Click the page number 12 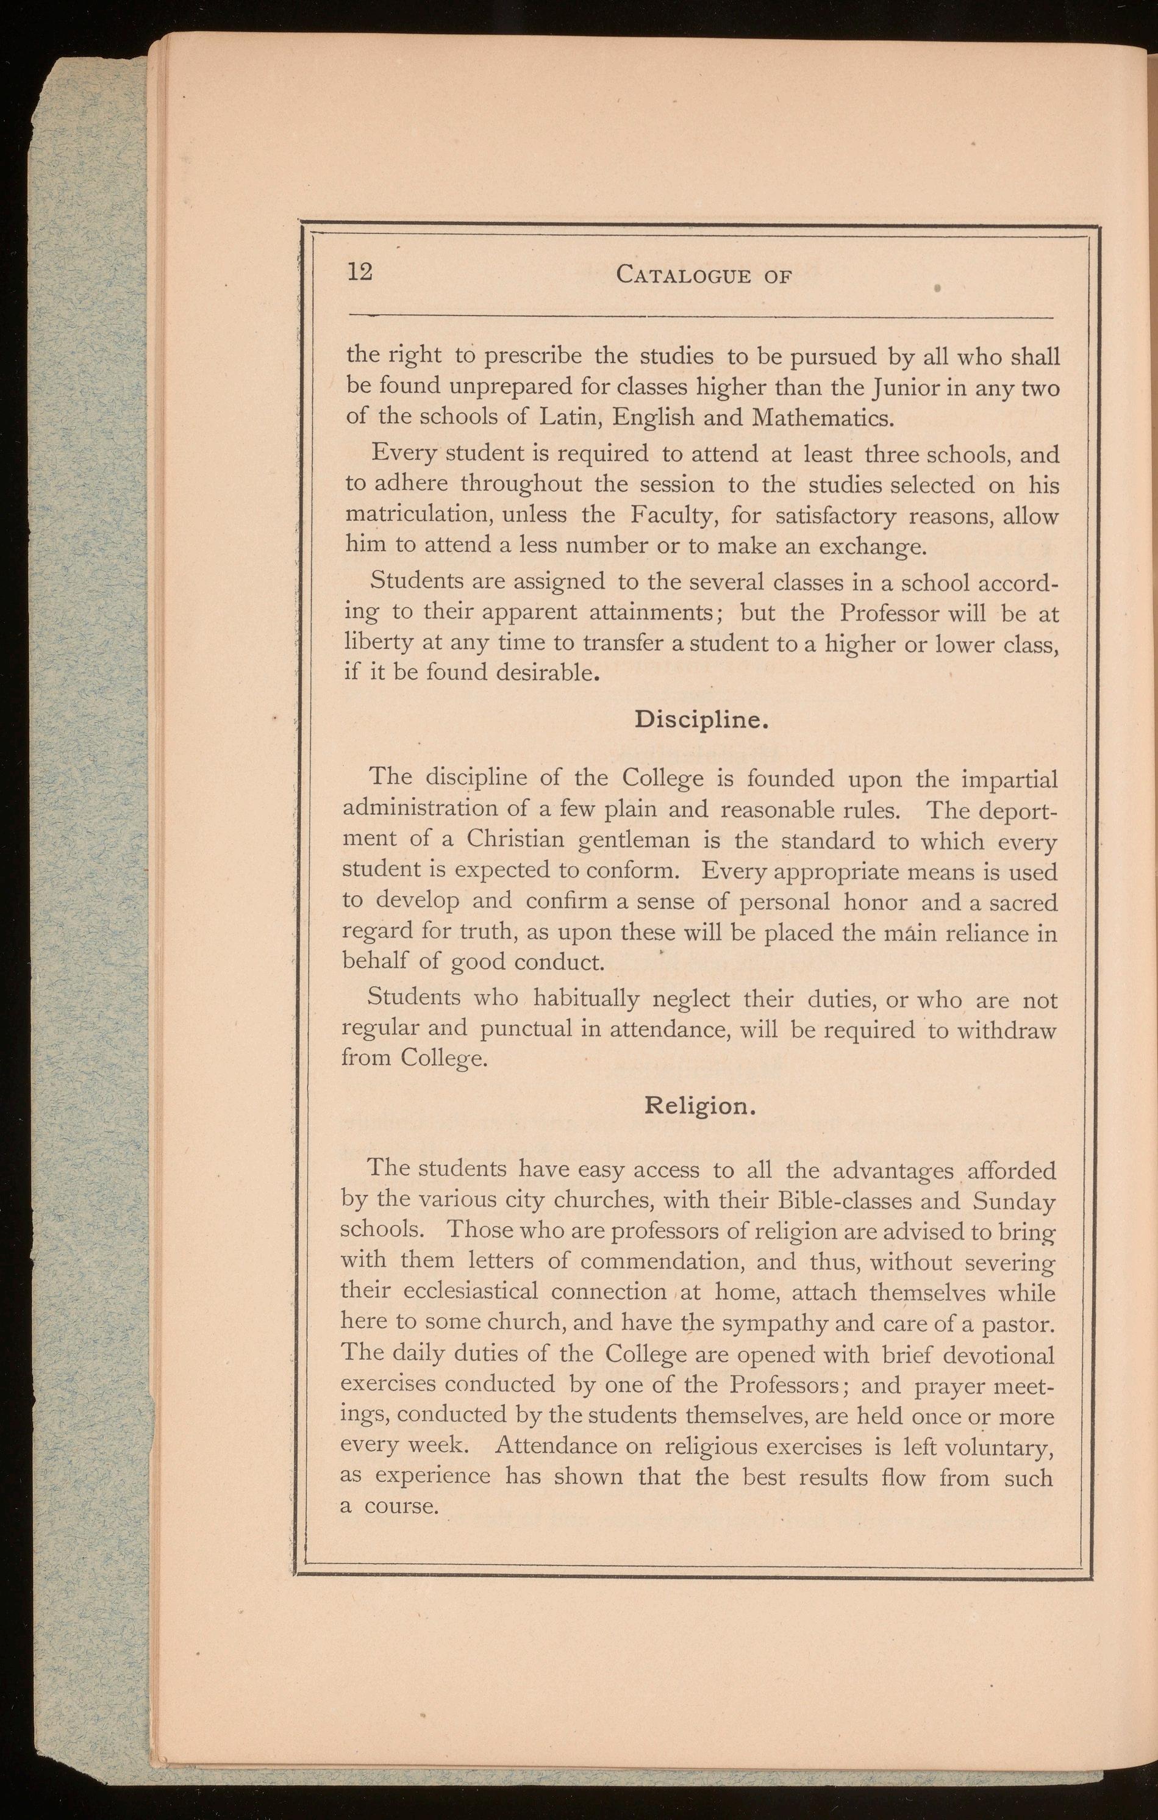pos(360,272)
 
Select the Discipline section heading pos(701,720)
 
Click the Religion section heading pos(700,1106)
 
